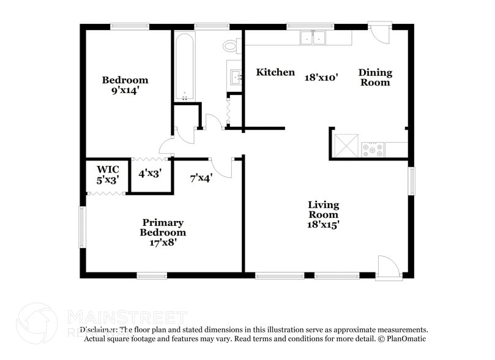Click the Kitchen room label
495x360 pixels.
(275, 72)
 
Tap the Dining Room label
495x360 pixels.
(375, 77)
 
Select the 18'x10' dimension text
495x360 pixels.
(321, 78)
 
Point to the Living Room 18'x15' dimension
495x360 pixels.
(323, 225)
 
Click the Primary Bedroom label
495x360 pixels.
(163, 227)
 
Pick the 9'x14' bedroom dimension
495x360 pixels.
(125, 90)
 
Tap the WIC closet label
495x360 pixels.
(107, 169)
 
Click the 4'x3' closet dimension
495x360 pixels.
(149, 173)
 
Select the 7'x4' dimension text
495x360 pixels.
(201, 178)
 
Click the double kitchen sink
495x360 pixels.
(313, 38)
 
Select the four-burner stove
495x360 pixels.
(373, 149)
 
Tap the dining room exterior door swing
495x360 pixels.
(381, 33)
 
